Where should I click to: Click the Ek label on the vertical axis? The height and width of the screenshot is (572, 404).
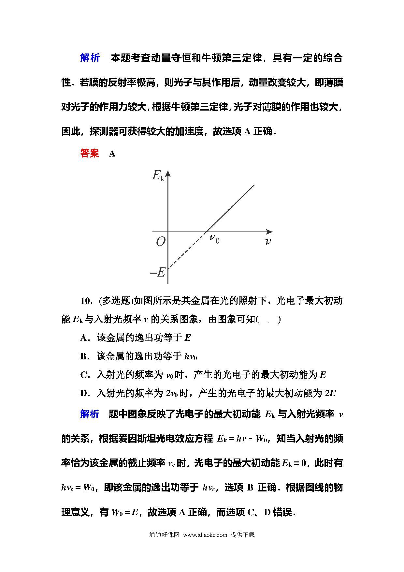pyautogui.click(x=158, y=176)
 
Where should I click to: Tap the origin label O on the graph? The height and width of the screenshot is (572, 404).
pyautogui.click(x=160, y=242)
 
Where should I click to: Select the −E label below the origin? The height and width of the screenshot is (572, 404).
pyautogui.click(x=158, y=272)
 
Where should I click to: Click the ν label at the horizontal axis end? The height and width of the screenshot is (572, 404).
pyautogui.click(x=268, y=242)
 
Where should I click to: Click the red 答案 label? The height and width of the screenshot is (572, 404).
pyautogui.click(x=89, y=154)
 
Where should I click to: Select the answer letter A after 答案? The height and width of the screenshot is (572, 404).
pyautogui.click(x=112, y=154)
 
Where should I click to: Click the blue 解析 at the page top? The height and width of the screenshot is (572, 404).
pyautogui.click(x=90, y=58)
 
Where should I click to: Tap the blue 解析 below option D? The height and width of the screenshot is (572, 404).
pyautogui.click(x=90, y=414)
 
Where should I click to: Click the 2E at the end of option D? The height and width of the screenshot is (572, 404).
pyautogui.click(x=330, y=394)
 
